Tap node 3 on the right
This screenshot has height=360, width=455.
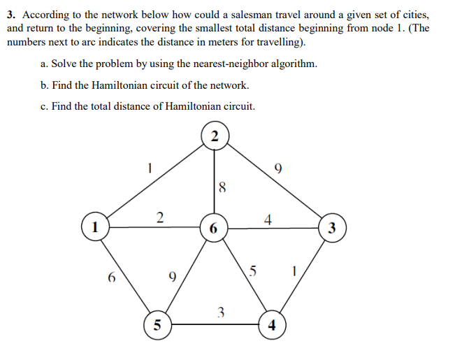[x=331, y=228]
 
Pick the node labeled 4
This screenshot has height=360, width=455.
[x=271, y=325]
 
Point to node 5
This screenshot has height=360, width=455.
[x=157, y=325]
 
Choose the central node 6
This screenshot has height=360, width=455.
[x=213, y=229]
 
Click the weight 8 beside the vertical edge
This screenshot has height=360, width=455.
[x=222, y=187]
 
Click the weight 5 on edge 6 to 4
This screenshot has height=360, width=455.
[x=253, y=271]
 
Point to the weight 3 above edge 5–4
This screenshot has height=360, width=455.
[x=220, y=311]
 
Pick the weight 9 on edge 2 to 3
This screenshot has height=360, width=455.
[x=279, y=168]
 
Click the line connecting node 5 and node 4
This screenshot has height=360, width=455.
[x=214, y=325]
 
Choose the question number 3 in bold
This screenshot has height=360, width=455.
[x=10, y=15]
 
